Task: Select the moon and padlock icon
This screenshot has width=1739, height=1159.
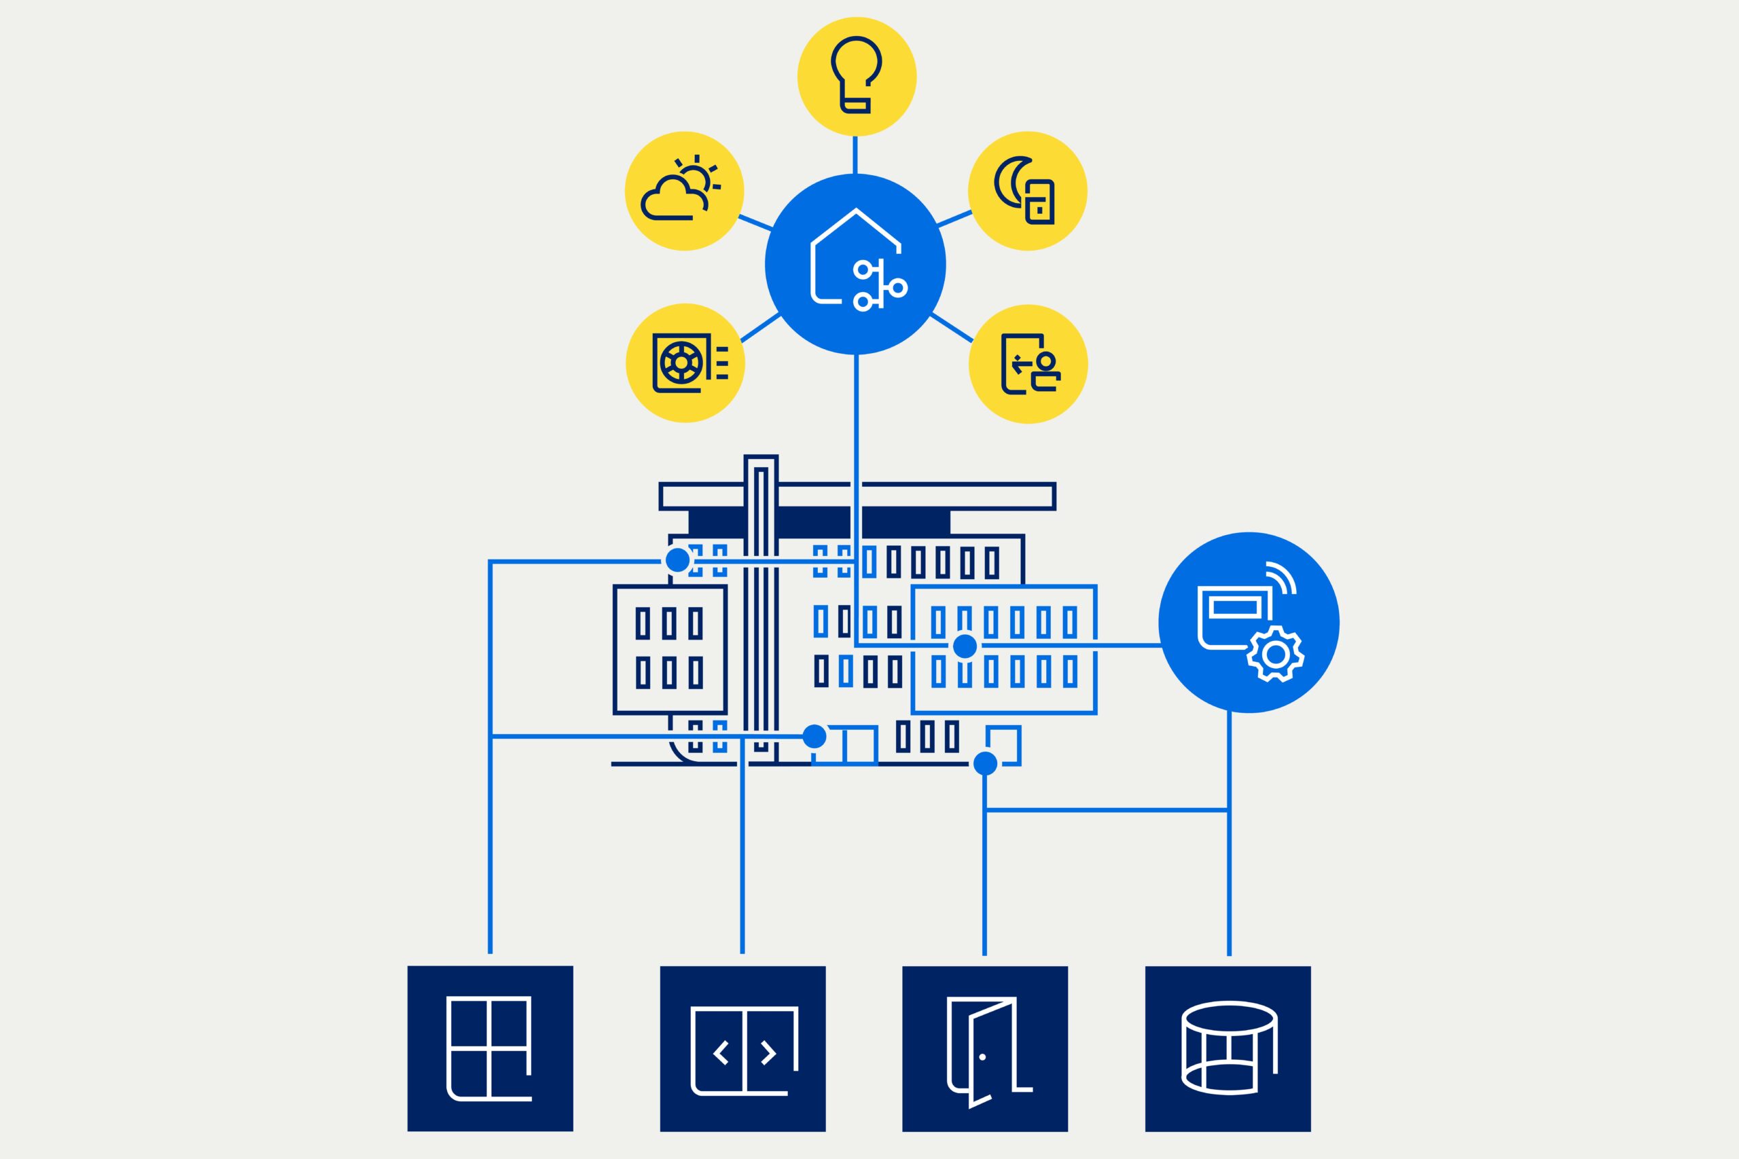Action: pos(1027,191)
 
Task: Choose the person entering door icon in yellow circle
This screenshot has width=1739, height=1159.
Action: pos(1028,364)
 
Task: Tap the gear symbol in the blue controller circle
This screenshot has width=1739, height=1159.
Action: pos(1276,654)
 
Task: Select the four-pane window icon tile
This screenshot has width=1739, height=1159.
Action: pos(490,1048)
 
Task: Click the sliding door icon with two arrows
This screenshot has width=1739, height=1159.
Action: pos(742,1050)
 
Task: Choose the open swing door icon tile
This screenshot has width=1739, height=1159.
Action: pos(985,1050)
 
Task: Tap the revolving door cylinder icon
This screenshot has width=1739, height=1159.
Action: pos(1228,1048)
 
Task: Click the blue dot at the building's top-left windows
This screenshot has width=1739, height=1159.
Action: pos(677,560)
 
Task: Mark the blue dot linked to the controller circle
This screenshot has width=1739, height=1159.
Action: pos(964,646)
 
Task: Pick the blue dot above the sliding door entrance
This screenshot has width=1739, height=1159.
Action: pos(814,736)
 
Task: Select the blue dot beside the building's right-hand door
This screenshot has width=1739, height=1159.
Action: pos(985,764)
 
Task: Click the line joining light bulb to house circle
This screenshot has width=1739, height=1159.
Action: pos(855,155)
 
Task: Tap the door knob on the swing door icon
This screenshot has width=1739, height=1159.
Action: pos(982,1057)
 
